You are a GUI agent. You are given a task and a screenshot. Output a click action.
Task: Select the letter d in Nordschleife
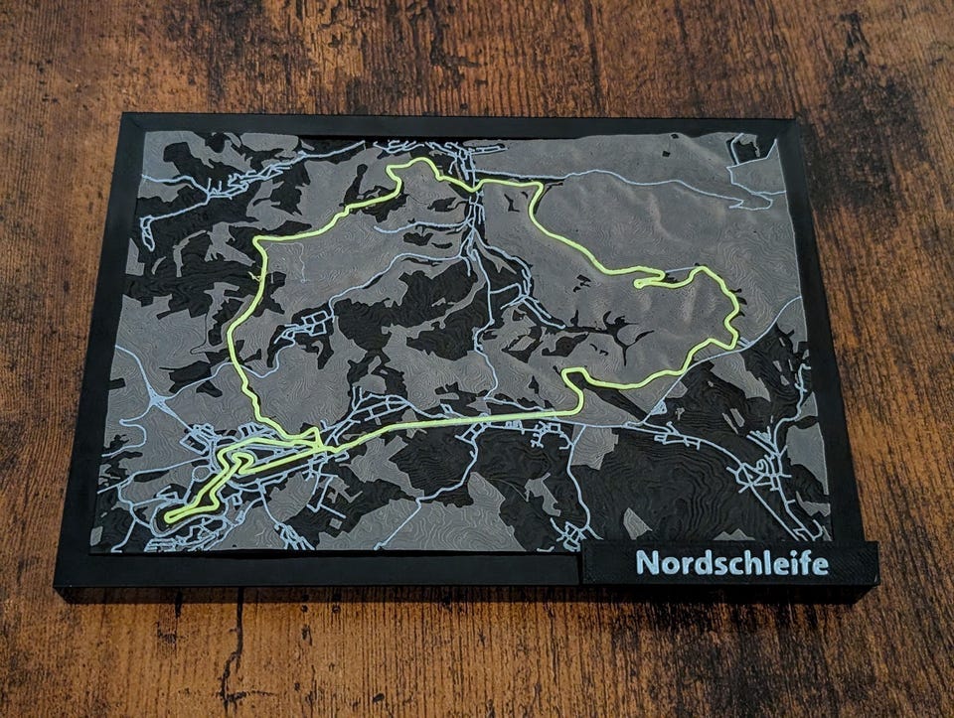[x=700, y=562]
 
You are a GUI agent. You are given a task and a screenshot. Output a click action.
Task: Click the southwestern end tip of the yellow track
[x=168, y=517]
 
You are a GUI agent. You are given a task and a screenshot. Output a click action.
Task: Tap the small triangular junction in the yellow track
[x=310, y=438]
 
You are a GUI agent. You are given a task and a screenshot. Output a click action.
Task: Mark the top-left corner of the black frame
[x=123, y=118]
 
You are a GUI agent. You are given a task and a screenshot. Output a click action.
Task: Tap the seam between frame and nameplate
[x=579, y=569]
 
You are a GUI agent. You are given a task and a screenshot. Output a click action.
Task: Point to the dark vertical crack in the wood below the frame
[x=237, y=646]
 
